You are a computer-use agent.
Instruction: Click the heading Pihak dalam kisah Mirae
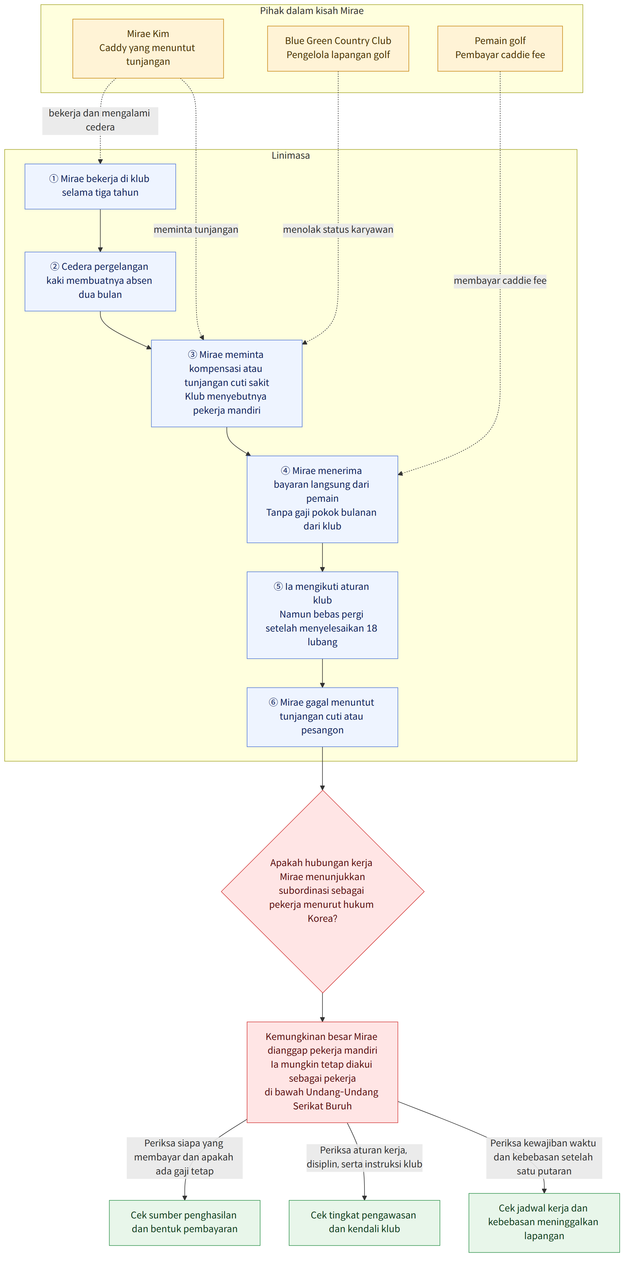(312, 11)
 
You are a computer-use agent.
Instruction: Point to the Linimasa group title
(291, 155)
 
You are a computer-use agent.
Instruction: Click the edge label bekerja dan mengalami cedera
(100, 120)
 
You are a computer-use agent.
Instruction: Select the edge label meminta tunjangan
(196, 230)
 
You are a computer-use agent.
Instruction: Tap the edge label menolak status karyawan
(338, 230)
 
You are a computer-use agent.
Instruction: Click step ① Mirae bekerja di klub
(100, 186)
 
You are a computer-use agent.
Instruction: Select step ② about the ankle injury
(100, 281)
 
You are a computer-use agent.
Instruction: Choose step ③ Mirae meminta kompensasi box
(227, 383)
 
